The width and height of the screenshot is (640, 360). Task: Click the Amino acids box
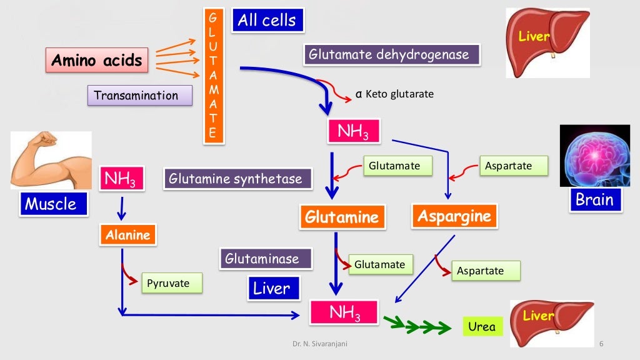(97, 61)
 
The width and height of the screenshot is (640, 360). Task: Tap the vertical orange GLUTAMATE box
(213, 76)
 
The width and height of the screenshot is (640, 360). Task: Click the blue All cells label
(267, 21)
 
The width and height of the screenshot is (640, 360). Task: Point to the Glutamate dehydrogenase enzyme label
(392, 55)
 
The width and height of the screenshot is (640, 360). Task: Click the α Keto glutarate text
(394, 94)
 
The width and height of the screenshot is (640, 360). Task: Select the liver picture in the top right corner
(547, 42)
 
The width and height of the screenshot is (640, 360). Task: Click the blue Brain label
(595, 200)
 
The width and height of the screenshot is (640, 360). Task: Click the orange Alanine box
(127, 235)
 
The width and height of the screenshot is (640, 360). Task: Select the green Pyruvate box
(172, 283)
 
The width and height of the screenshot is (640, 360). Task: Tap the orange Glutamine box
(341, 217)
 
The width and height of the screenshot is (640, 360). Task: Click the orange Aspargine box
(454, 216)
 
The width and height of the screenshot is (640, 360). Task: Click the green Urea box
(482, 326)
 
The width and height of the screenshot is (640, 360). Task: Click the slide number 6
(601, 344)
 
